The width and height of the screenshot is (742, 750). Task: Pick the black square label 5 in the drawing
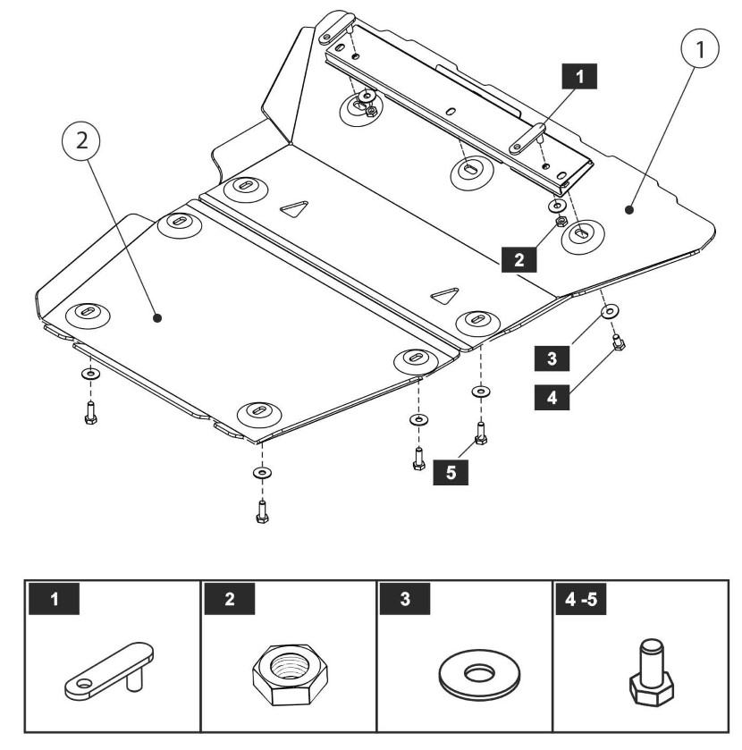[452, 472]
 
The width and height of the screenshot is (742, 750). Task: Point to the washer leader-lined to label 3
[609, 311]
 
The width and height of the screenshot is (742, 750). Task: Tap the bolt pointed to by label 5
[481, 434]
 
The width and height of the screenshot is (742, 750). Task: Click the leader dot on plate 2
[157, 316]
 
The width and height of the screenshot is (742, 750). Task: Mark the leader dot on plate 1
[628, 210]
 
